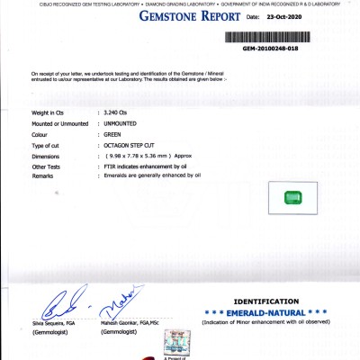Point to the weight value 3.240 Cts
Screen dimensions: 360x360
119,111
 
